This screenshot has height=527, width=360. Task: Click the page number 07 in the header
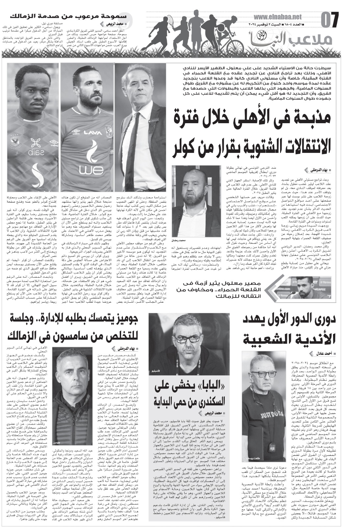[x=330, y=20]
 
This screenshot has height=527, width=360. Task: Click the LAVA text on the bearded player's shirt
[x=93, y=133]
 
